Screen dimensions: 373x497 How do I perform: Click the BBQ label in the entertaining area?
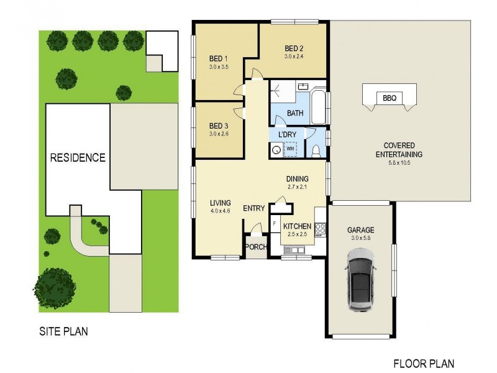point(390,98)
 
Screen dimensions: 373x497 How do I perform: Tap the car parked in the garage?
point(361,280)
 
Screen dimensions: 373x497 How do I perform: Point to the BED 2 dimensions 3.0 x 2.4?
point(294,57)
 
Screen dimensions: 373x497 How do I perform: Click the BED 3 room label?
point(219,124)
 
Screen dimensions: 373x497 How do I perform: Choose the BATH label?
point(295,113)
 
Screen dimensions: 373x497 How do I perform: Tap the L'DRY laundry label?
point(286,135)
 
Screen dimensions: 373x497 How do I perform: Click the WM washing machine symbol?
point(290,149)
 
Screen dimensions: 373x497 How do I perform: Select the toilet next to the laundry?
point(316,150)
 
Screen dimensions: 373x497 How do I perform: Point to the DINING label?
point(297,178)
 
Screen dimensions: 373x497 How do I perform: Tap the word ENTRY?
point(253,208)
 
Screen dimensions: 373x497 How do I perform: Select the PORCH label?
point(256,246)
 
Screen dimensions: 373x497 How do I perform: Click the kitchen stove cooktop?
point(321,229)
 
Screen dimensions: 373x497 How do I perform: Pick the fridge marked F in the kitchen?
point(274,224)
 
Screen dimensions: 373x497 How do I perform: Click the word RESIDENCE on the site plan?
point(78,157)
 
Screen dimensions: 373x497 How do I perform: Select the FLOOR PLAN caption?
point(424,364)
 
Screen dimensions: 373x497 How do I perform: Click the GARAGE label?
point(360,230)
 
